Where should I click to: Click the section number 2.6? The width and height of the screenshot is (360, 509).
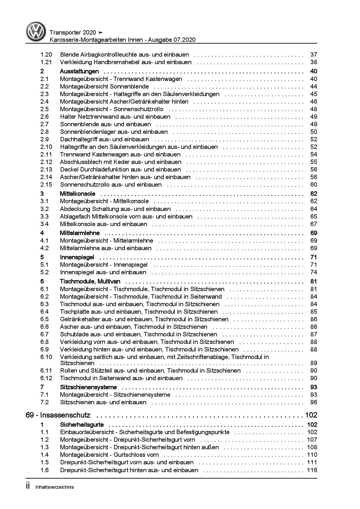(44, 117)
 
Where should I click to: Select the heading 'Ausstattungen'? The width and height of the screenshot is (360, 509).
(79, 71)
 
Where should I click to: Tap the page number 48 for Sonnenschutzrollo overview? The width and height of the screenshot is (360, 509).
(314, 109)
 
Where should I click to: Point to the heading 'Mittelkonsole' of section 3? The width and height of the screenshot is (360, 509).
(78, 194)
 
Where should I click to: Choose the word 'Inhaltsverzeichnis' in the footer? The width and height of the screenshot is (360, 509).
(55, 487)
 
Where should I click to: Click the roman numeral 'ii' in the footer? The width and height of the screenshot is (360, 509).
(28, 486)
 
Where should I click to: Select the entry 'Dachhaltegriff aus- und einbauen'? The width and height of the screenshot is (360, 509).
(105, 139)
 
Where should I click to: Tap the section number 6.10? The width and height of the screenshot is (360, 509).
(46, 357)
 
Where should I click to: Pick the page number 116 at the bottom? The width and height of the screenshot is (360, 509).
(312, 470)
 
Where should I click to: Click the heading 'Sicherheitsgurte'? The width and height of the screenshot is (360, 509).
(82, 425)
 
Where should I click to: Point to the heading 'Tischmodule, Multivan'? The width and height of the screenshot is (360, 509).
(90, 281)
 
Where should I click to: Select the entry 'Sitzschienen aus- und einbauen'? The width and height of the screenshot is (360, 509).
(103, 402)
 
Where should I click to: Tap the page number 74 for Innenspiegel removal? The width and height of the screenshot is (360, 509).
(314, 272)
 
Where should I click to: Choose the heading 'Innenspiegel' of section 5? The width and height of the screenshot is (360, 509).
(77, 257)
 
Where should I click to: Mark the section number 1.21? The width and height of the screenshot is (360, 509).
(46, 62)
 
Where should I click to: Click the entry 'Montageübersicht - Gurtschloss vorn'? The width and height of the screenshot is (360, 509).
(109, 455)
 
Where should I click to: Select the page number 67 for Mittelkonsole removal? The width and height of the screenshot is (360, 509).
(314, 224)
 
